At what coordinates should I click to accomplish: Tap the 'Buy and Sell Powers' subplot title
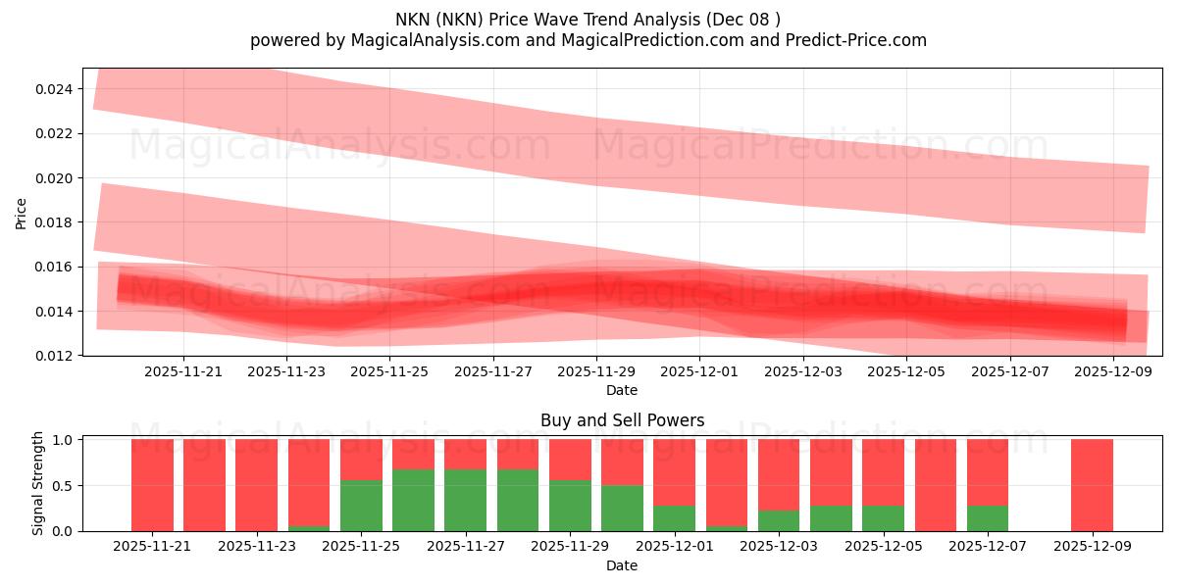coord(622,420)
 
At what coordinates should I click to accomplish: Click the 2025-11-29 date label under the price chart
coord(596,372)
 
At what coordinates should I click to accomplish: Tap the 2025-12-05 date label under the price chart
coord(905,372)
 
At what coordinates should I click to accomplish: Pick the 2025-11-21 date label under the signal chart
coord(152,547)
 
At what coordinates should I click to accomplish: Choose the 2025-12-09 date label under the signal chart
coord(1092,547)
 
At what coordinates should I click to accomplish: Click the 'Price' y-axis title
coord(22,213)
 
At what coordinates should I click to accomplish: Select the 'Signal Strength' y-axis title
coord(37,483)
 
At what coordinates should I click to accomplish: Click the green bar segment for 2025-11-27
coord(465,500)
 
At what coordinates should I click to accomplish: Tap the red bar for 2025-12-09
coord(1092,485)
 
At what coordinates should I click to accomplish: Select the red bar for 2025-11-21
coord(152,485)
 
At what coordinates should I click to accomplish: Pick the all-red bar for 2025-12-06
coord(936,485)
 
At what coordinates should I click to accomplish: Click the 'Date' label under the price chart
coord(622,390)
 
